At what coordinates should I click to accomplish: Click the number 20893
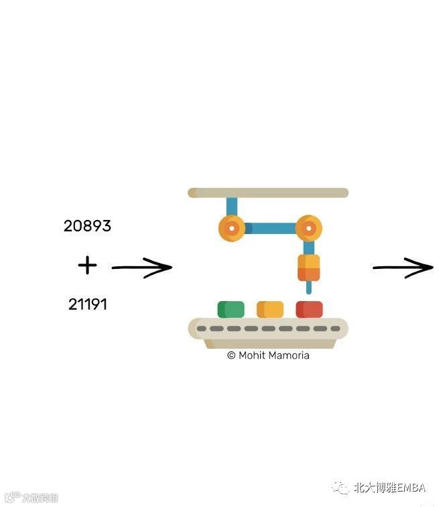coord(87,227)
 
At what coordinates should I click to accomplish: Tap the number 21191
coord(87,304)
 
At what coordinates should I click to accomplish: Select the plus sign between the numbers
coord(87,266)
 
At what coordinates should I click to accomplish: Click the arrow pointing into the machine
coord(141,268)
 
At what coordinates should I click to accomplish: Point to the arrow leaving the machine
coord(403,268)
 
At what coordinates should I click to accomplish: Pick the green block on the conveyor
coord(231,309)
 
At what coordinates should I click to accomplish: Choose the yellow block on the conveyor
coord(269,309)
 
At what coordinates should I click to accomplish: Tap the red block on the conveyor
coord(309,309)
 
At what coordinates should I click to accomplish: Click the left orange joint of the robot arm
coord(231,228)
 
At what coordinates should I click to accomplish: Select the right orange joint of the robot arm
coord(308,229)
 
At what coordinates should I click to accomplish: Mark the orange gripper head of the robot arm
coord(308,268)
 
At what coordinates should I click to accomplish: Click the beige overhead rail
coord(268,193)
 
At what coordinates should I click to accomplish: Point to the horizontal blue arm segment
coord(269,228)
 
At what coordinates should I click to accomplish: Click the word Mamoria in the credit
coord(288,355)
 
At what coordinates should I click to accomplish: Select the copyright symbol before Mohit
coord(231,355)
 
